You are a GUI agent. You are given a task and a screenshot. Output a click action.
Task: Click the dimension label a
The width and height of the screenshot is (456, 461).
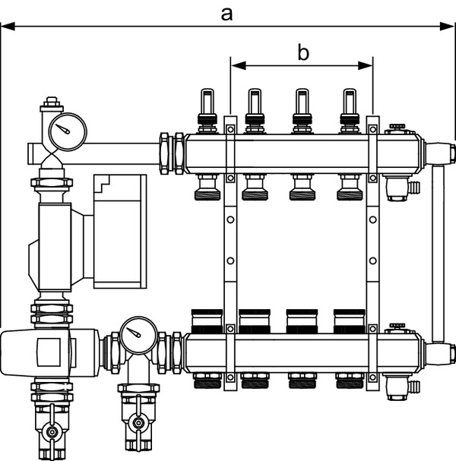(226, 12)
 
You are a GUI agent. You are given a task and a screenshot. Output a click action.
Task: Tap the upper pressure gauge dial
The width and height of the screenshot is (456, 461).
(64, 131)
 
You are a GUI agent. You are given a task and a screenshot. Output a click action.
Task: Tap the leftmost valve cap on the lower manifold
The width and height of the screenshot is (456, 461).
(206, 318)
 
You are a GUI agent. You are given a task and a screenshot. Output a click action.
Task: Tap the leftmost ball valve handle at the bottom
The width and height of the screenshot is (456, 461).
(52, 433)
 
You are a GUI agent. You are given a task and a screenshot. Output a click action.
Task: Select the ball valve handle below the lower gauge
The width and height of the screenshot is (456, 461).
(137, 422)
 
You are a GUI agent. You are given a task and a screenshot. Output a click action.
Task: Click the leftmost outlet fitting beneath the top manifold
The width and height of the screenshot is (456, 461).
(206, 187)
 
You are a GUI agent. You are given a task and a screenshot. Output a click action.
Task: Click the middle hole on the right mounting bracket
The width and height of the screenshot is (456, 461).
(372, 260)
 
